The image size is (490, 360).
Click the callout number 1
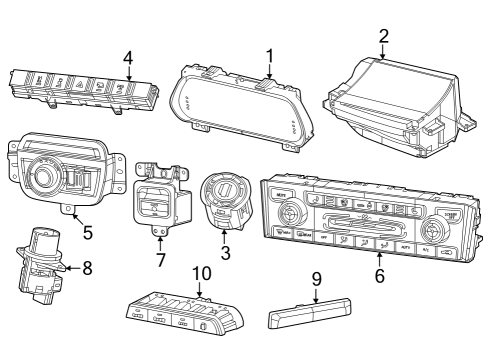269,56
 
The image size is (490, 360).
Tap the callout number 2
384,36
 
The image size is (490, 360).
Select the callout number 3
226,254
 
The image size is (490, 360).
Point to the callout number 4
127,58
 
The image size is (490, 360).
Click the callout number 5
87,233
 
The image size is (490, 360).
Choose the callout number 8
86,267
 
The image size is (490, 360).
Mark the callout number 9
315,281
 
